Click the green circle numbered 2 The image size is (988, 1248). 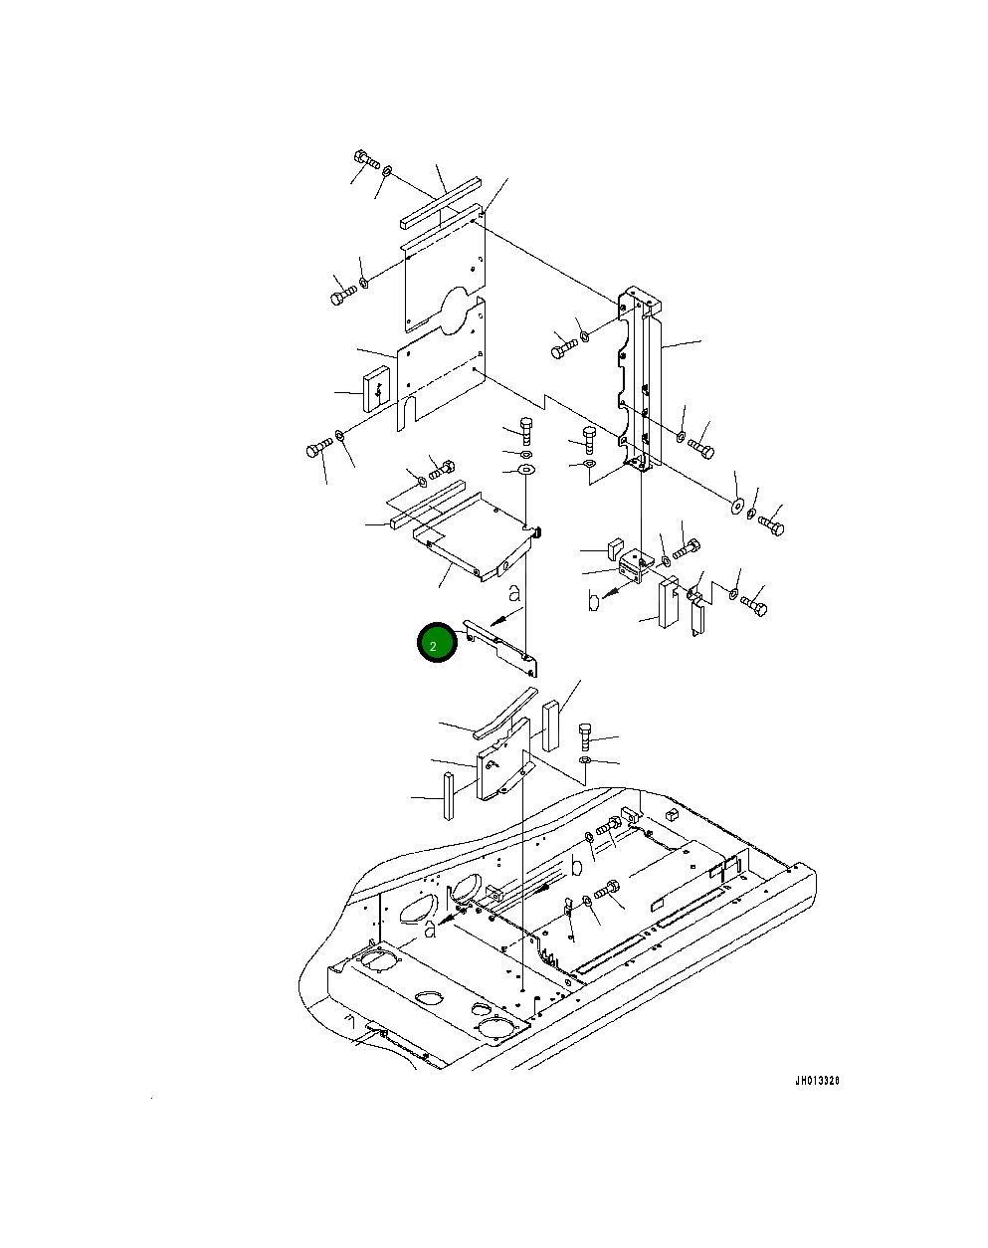click(x=437, y=642)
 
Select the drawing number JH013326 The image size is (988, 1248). click(x=817, y=1081)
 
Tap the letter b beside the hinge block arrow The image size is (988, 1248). click(x=593, y=602)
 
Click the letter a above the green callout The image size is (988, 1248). click(x=514, y=593)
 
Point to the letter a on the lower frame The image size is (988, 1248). click(x=430, y=930)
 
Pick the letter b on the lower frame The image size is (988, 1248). click(x=576, y=867)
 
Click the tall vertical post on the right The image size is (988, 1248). click(x=639, y=377)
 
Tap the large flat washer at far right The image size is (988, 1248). click(x=737, y=506)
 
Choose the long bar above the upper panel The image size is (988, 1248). click(x=441, y=202)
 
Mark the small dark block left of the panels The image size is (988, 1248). click(x=376, y=388)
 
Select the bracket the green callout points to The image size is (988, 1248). click(x=500, y=647)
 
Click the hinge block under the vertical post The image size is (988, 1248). click(x=632, y=567)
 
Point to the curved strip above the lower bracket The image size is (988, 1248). click(x=505, y=714)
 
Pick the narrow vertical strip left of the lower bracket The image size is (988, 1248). click(x=449, y=795)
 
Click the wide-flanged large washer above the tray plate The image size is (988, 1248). click(x=526, y=469)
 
